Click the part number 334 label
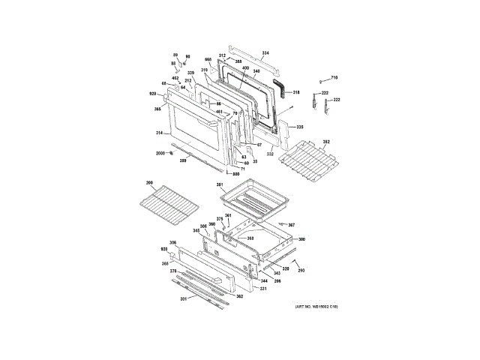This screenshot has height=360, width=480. [264, 52]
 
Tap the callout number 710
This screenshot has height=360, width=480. [334, 78]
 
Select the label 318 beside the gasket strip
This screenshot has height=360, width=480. [296, 92]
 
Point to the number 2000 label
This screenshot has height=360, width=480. [160, 153]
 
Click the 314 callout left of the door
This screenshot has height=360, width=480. [159, 133]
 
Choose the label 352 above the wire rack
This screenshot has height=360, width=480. [326, 141]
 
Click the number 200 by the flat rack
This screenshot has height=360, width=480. [149, 184]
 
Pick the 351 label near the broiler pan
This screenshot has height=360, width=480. [220, 184]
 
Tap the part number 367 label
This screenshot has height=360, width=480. [291, 225]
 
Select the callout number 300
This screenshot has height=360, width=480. [301, 239]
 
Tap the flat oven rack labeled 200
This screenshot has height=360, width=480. [166, 204]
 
